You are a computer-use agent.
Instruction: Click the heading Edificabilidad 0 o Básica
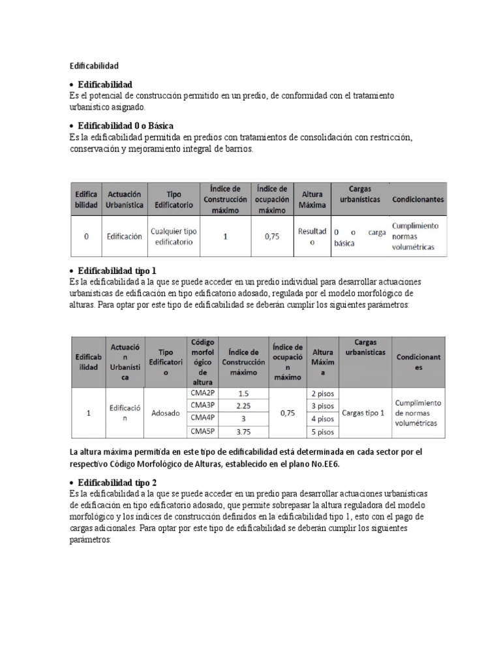pos(125,125)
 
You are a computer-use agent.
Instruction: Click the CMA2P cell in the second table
pos(202,393)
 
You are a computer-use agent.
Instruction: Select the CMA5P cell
pos(202,431)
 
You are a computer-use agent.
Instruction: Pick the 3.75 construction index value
pos(243,431)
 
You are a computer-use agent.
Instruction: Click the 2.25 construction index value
pos(243,406)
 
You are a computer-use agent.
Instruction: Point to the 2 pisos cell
pos(322,393)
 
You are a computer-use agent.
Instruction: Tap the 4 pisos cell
pos(322,419)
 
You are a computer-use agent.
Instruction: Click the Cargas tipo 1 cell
pos(363,413)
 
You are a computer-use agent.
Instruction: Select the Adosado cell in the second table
pos(165,413)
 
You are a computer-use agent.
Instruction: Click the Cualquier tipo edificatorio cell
pos(174,237)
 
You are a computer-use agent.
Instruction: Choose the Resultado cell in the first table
pos(312,237)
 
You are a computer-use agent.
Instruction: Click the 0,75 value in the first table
pos(271,237)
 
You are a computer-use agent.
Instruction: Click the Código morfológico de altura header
pos(202,362)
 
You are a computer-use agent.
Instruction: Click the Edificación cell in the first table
pos(124,237)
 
